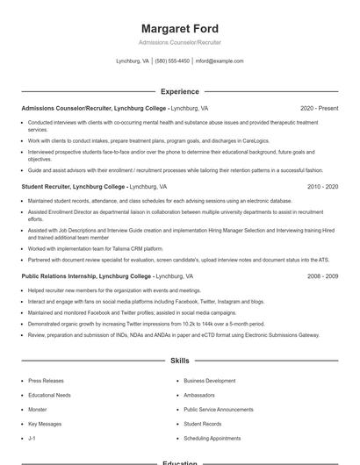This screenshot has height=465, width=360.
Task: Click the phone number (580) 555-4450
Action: coord(172,61)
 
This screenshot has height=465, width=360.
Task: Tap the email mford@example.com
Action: coord(220,61)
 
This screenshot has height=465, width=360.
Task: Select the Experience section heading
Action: coord(180,91)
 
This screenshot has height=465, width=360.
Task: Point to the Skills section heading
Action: coord(180,361)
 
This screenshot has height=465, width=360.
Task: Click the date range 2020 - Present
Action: coord(319,108)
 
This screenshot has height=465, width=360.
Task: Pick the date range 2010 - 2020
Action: coord(323,187)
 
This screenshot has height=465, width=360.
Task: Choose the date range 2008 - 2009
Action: coord(323,276)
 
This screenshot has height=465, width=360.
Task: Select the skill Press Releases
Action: coord(46,381)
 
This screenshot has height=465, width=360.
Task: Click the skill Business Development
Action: coord(209,381)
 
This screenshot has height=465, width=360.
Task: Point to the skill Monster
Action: coord(38,410)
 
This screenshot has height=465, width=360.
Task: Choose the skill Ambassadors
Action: coord(201,395)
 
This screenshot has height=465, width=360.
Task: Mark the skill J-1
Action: coord(32,438)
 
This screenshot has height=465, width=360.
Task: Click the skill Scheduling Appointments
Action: coord(212,438)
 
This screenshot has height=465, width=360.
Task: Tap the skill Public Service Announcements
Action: coord(219,410)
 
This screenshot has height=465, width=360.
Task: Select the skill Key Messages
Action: coord(45,424)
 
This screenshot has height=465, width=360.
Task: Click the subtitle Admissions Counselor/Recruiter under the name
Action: coord(180,42)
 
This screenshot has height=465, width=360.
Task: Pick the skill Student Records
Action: coord(203,424)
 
